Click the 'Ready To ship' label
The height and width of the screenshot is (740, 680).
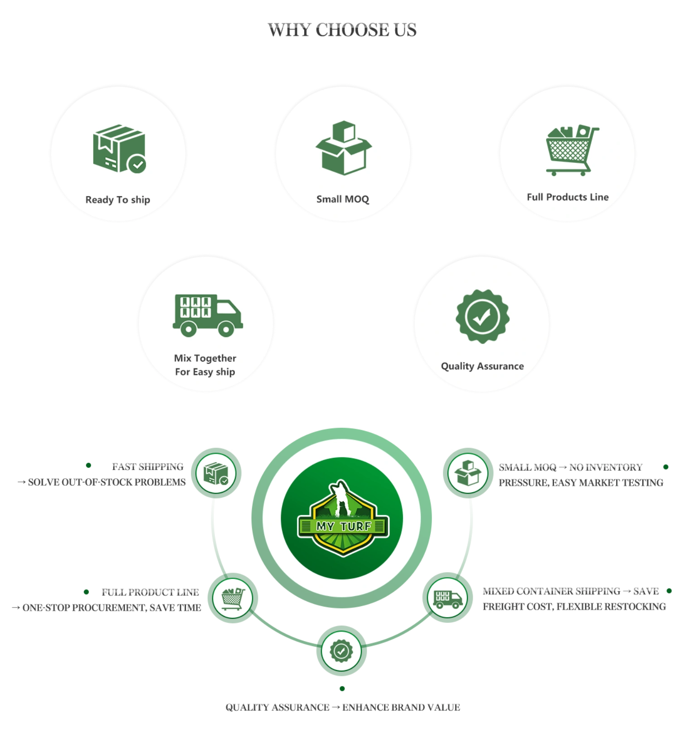(x=117, y=200)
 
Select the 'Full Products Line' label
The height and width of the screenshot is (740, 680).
(x=568, y=197)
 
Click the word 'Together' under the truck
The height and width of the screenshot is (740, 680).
(x=215, y=358)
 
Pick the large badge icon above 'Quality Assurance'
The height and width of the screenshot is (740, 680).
(x=482, y=316)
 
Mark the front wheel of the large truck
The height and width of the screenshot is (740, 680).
(x=225, y=328)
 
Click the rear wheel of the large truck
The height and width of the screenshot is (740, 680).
(x=188, y=328)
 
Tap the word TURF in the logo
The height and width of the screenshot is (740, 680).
(x=355, y=526)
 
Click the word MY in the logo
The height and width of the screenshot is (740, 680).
(x=325, y=526)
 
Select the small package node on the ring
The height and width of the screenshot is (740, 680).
(x=216, y=473)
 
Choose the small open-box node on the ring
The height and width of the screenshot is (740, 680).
(x=468, y=473)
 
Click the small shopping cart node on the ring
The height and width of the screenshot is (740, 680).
(x=233, y=598)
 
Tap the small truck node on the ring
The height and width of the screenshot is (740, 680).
(x=447, y=598)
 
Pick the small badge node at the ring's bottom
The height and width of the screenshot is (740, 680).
(x=341, y=652)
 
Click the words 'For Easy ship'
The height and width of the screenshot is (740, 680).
(x=205, y=372)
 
